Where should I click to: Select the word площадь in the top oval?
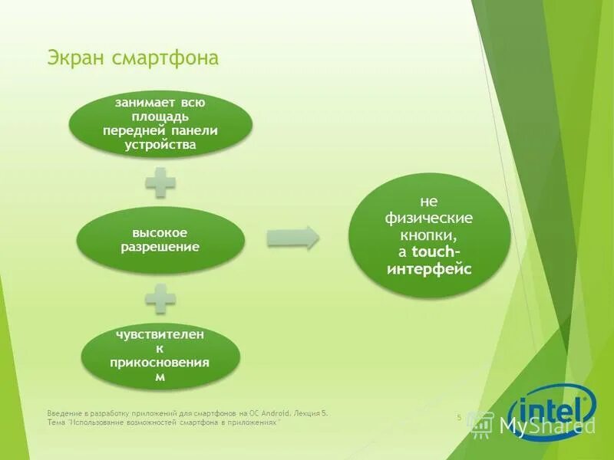160,116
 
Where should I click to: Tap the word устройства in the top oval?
160,144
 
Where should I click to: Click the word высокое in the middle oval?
160,232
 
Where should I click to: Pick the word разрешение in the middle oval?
160,246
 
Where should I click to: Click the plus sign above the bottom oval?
160,297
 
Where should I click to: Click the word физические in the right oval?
429,218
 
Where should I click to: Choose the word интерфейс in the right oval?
429,268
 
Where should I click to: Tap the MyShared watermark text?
547,426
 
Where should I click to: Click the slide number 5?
459,417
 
